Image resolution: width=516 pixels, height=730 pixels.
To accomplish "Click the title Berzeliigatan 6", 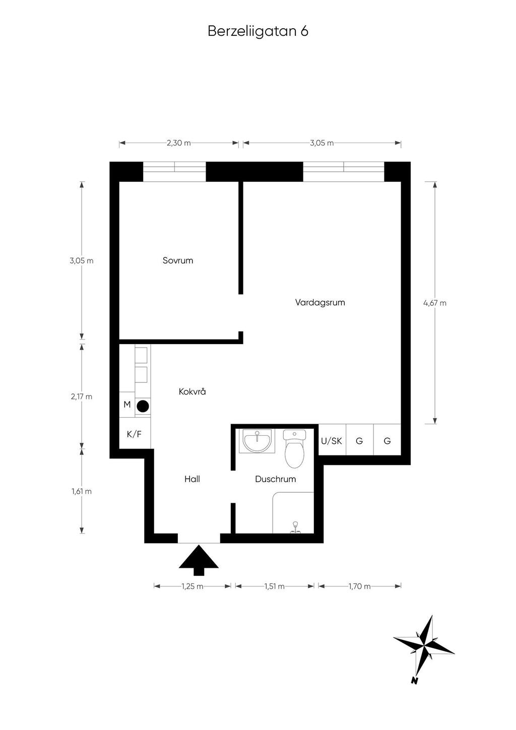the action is pos(258,31).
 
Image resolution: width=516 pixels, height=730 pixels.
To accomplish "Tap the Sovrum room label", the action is pos(178,260).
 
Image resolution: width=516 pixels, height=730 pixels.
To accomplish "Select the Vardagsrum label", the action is pos(320,302).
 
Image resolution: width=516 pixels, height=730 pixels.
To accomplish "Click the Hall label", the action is pos(192,479).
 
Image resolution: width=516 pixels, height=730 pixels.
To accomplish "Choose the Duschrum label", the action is pos(276,479).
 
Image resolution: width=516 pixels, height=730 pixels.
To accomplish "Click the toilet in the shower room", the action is pos(294,448).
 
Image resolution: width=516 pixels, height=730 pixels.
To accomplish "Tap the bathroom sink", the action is pos(257,441).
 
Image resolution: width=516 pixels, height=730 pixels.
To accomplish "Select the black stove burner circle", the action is pos(143,406).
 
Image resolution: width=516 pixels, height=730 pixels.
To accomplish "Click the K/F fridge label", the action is pos(135,434).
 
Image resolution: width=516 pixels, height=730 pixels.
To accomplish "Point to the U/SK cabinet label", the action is pos(332,441).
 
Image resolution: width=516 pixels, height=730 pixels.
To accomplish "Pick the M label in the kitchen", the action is pos(127,405).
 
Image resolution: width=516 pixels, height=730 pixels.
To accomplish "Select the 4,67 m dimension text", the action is pos(435,303).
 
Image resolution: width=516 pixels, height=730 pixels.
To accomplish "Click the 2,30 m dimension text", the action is pos(178,143).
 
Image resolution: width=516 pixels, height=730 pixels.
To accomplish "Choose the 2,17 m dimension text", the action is pos(82,396).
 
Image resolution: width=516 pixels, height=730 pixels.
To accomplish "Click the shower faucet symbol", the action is pos(296,527).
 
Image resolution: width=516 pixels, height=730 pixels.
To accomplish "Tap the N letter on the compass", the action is pos(415,680).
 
